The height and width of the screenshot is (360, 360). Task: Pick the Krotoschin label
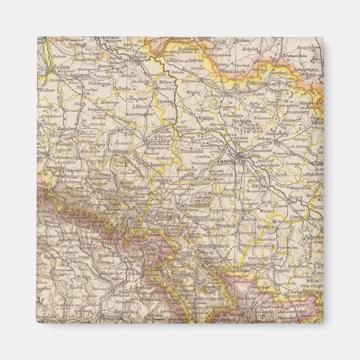pos(307,56)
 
